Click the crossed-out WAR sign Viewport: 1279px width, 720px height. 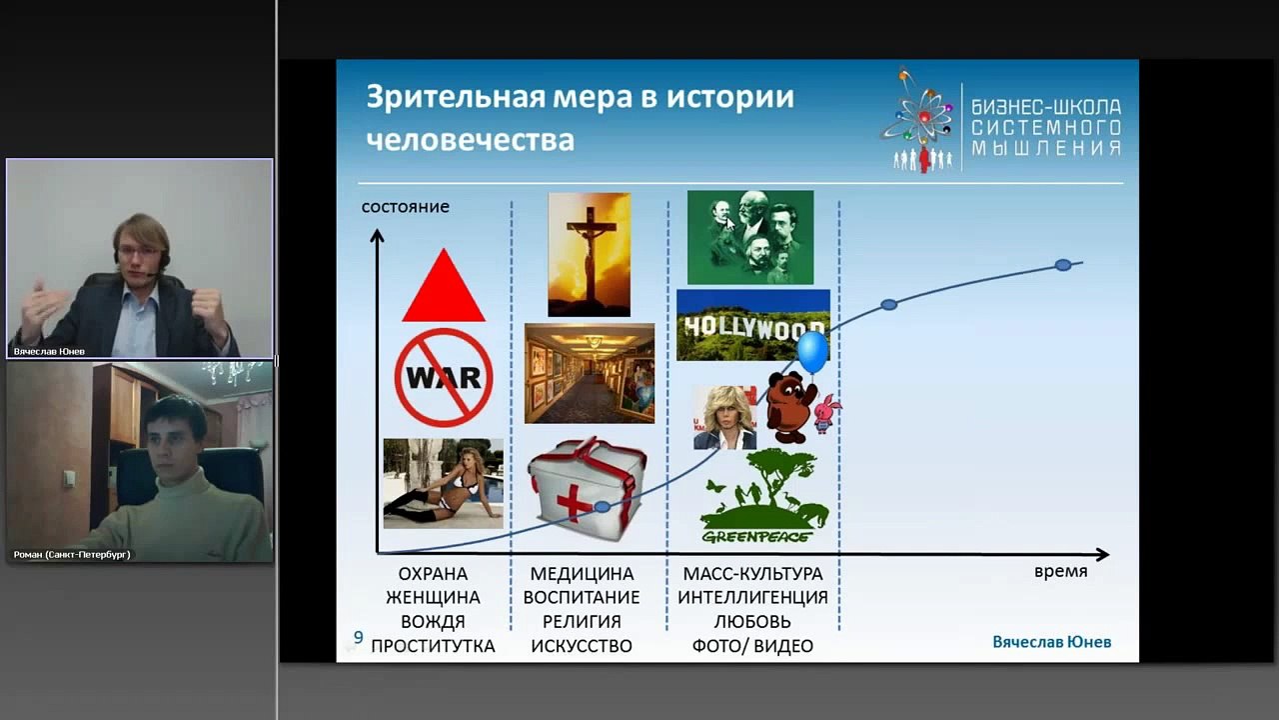(x=443, y=377)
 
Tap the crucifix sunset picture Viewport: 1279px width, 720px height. (x=589, y=254)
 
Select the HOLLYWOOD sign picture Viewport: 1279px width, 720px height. (x=752, y=325)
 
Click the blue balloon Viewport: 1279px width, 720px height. (x=812, y=352)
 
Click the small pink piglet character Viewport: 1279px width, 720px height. (x=826, y=412)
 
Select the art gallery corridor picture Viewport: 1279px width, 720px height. (x=589, y=373)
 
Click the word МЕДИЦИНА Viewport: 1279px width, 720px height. (x=582, y=574)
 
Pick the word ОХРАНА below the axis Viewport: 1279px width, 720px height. (x=433, y=574)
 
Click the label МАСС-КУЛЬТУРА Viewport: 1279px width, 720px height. (x=752, y=574)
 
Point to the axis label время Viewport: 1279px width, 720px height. (x=1060, y=572)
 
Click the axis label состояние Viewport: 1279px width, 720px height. (x=405, y=207)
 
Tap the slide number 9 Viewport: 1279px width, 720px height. (x=358, y=637)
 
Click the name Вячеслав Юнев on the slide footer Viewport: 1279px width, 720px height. (x=1051, y=642)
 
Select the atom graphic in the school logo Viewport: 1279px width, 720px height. (x=917, y=113)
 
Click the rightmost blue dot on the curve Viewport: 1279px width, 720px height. (x=1063, y=265)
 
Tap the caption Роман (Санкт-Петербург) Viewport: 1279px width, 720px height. (x=72, y=554)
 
